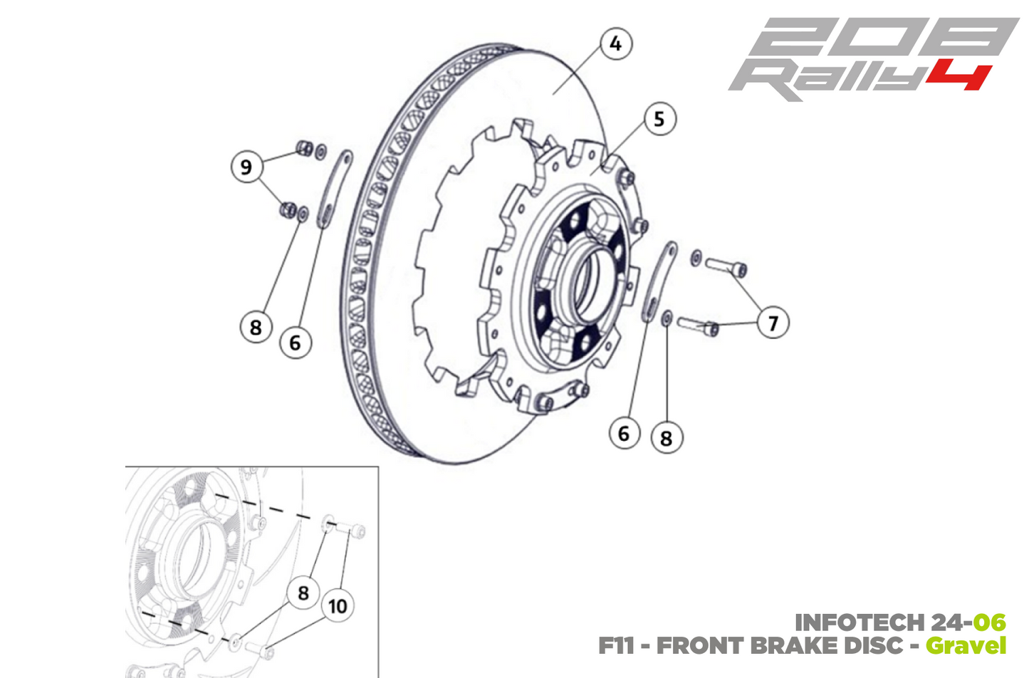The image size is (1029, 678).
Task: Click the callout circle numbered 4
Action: coord(615,44)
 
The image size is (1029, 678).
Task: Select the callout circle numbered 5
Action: coord(659,119)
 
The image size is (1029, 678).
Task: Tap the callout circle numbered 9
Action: coord(246,167)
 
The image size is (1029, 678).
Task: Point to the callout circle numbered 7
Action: coord(773,323)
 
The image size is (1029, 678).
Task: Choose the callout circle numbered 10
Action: coord(337,606)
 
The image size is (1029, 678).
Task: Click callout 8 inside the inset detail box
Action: coord(303,593)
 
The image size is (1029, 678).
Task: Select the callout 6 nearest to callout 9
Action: coord(295,343)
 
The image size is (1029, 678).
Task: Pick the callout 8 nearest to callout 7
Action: coord(666,438)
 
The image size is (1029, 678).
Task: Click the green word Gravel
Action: coord(966,646)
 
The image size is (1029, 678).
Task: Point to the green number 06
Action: coord(990,622)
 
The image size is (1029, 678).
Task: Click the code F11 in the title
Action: coord(617,646)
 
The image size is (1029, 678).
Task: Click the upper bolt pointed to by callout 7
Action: coord(726,267)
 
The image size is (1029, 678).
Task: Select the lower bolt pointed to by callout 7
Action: coord(698,325)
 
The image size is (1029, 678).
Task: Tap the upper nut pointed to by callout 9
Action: coord(304,148)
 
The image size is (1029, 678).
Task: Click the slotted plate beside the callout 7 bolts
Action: coord(660,281)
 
